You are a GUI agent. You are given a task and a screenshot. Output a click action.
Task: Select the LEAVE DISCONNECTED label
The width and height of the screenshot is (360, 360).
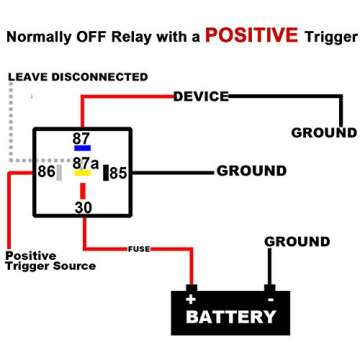[77, 77]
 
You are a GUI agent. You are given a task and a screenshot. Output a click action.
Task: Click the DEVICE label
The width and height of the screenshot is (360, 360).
[201, 96]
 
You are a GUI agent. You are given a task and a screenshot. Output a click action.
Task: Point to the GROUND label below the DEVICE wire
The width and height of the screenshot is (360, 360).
[323, 132]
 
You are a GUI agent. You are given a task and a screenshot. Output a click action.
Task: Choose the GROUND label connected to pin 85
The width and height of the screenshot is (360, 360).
[251, 171]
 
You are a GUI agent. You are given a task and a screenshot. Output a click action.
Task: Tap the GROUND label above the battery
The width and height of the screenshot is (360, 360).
[297, 241]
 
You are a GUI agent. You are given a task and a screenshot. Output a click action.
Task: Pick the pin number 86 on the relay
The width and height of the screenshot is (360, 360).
[46, 172]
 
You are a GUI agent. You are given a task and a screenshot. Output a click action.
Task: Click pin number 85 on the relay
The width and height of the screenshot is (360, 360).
[119, 173]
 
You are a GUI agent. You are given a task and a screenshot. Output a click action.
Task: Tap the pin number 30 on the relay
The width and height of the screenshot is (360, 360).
[83, 207]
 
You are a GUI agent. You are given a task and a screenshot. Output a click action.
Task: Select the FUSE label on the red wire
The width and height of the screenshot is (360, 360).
[138, 248]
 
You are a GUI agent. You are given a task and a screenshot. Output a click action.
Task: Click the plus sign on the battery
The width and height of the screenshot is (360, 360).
[191, 298]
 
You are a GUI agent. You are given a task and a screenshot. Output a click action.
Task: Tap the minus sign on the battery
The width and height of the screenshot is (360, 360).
[270, 298]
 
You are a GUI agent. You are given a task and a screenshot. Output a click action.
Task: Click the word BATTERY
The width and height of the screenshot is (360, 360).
[231, 318]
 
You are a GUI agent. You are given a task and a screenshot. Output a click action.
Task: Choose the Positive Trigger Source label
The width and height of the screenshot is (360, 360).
[50, 261]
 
